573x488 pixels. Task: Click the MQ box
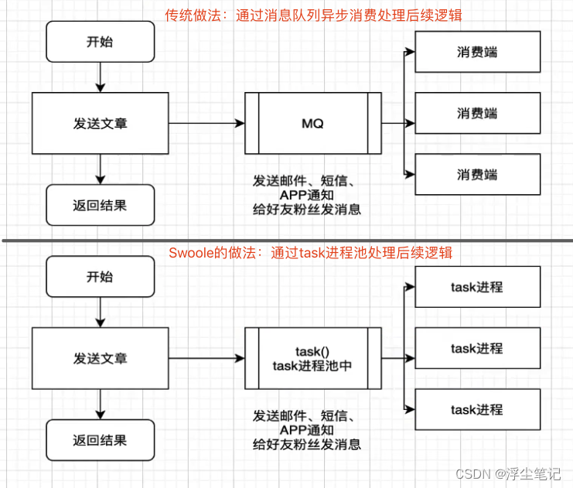312,123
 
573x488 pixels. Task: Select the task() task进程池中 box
312,358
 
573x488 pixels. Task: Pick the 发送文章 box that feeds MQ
100,123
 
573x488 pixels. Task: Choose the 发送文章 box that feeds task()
100,358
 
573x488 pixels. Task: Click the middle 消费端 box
476,113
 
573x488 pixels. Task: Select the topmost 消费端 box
476,52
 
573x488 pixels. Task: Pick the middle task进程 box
476,348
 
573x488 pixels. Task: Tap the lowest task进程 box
476,409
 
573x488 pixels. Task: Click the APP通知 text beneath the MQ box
307,195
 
